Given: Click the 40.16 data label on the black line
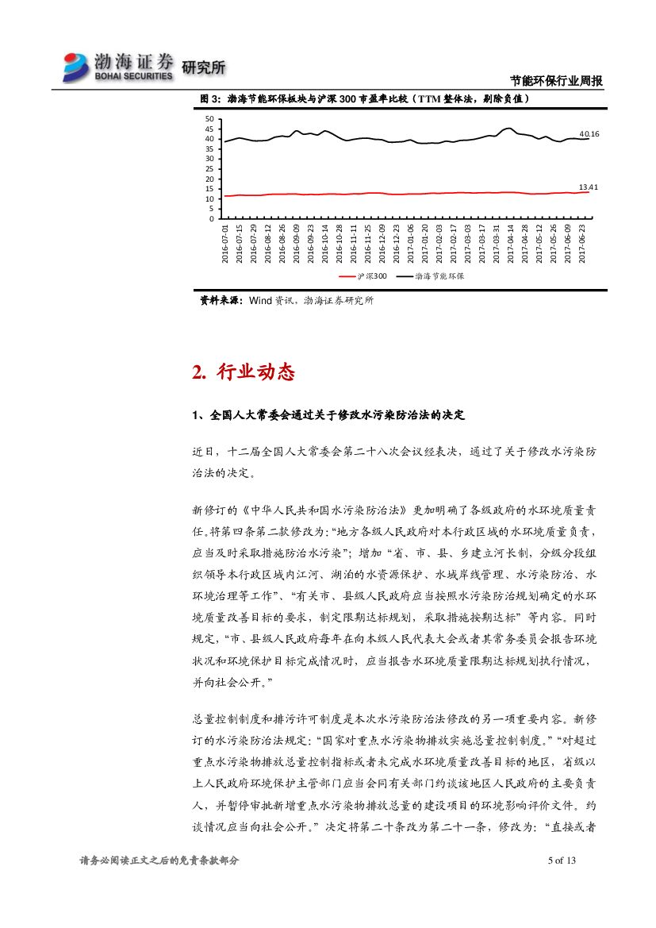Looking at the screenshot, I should (589, 134).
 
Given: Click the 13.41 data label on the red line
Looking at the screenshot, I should (588, 187).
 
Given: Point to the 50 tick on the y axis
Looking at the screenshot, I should (209, 119).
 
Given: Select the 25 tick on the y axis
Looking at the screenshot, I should (209, 169).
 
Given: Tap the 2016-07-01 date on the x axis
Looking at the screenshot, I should (225, 243).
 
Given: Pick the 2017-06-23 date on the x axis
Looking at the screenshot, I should (584, 243).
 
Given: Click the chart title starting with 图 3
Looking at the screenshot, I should (364, 100).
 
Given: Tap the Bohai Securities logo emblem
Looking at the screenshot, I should (77, 67).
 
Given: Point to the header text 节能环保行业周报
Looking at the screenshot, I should (556, 81).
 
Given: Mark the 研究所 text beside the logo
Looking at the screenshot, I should (204, 68).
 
